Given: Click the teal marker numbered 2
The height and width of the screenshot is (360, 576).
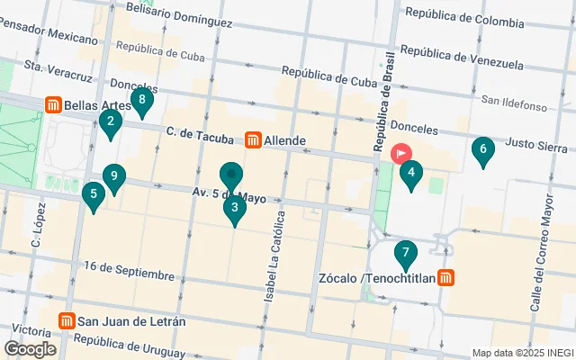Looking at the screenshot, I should click(110, 122).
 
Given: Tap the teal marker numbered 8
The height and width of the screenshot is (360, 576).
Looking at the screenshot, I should click(140, 101).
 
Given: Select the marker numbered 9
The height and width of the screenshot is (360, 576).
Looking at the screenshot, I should click(113, 177).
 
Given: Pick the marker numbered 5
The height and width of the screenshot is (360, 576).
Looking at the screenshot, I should click(94, 194).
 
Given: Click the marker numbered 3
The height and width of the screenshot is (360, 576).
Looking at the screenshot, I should click(234, 209).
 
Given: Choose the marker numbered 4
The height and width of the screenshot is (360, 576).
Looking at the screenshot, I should click(410, 173).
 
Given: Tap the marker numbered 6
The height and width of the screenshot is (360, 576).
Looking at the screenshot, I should click(483, 150).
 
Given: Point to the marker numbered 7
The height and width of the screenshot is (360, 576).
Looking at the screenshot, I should click(406, 254).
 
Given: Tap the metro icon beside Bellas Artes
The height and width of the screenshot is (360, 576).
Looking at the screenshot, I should click(54, 105).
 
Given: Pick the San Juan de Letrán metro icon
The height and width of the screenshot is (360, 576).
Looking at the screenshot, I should click(67, 321).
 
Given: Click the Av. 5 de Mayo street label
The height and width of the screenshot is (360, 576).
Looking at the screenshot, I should click(229, 194).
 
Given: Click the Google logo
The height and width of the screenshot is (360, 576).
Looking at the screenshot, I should click(30, 349).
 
